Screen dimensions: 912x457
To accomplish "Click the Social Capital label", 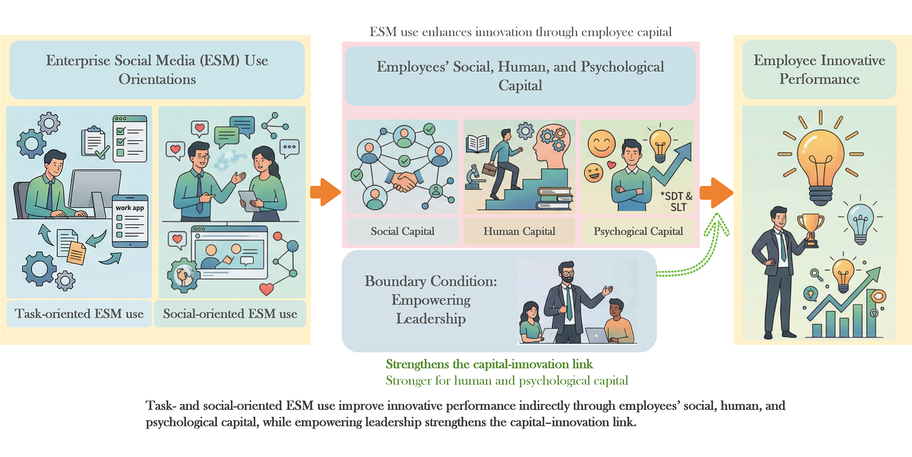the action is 403,231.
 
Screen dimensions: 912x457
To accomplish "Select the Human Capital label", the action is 519,231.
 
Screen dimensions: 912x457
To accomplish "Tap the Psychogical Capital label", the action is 638,232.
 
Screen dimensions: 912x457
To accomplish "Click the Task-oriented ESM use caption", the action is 79,313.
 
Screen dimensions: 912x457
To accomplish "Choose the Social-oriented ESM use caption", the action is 230,313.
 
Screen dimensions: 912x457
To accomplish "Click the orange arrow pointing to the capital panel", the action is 326,192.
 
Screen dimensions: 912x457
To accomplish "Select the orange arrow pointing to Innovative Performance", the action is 716,193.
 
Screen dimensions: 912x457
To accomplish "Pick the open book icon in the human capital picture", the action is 477,144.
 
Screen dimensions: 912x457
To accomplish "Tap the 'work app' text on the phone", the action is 130,208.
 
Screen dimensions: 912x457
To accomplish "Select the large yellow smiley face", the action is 602,144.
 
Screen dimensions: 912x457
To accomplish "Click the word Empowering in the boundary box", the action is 431,300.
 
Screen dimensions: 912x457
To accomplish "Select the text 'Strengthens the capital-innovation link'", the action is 489,364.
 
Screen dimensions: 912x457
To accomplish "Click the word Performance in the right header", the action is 819,79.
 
